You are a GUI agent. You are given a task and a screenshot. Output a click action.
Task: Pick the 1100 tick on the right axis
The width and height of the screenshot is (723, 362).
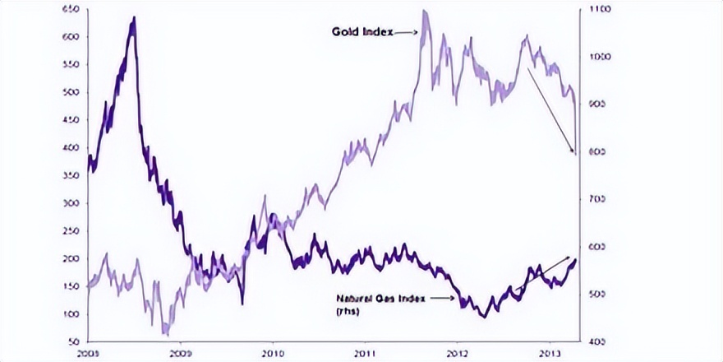click(595, 9)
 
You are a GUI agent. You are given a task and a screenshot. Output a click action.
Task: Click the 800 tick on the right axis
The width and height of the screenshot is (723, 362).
click(593, 152)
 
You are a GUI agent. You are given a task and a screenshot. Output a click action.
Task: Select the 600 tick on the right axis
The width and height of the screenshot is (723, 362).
click(593, 247)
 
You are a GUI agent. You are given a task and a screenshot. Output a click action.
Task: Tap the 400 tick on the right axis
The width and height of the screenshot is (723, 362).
click(593, 341)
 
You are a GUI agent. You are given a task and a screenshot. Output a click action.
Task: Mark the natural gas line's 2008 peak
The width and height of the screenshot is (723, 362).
click(133, 18)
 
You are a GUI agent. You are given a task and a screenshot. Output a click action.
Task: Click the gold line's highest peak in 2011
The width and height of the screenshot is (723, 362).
click(424, 12)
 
